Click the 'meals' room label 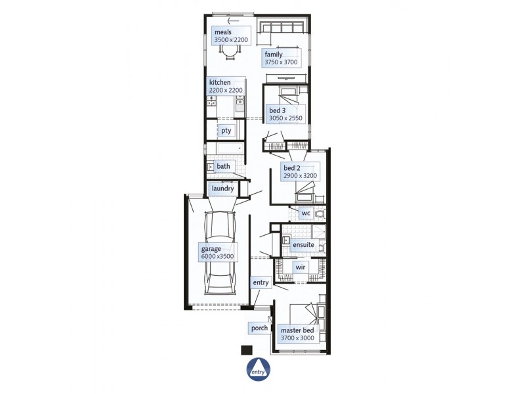click(x=224, y=32)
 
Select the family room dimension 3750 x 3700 click(x=281, y=62)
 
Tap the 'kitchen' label click(x=220, y=82)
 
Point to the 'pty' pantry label click(x=226, y=131)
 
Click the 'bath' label click(x=223, y=166)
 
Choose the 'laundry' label click(x=222, y=188)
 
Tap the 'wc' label click(x=305, y=213)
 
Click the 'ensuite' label click(x=303, y=245)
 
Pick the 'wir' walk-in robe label click(x=301, y=268)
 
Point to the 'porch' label click(x=259, y=327)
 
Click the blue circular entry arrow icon click(x=257, y=370)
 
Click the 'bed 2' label click(x=291, y=168)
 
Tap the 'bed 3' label click(x=277, y=110)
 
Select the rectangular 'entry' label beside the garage click(x=261, y=282)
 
